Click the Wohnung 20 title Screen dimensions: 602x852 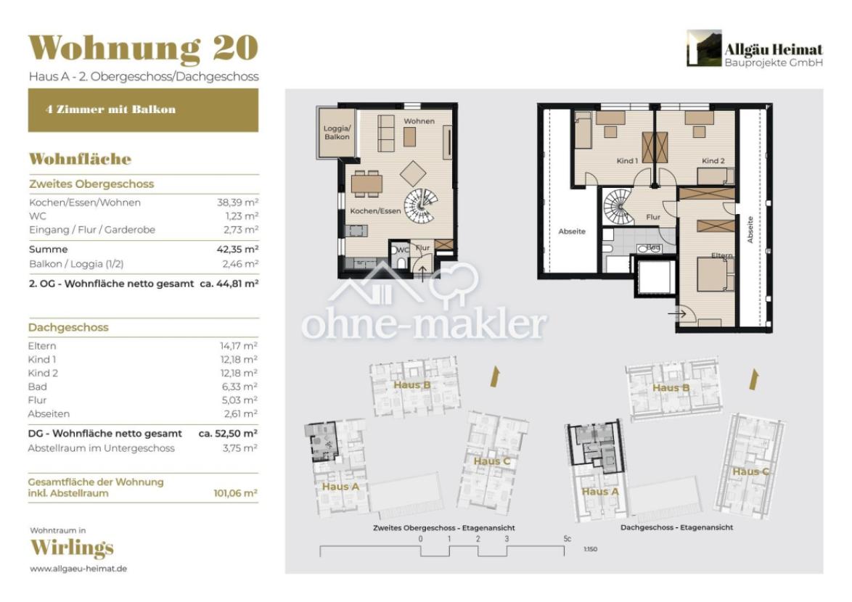tap(143, 48)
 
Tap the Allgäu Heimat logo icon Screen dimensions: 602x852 tap(704, 49)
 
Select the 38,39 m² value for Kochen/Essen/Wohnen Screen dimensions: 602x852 tap(239, 203)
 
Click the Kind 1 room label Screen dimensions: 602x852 tap(626, 161)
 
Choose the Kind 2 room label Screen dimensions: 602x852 tap(712, 161)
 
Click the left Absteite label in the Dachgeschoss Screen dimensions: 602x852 tap(571, 231)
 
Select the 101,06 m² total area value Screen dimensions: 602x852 tap(236, 493)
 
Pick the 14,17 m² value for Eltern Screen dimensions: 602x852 tap(239, 346)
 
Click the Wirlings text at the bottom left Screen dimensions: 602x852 tap(71, 548)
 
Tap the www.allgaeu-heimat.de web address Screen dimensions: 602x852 tap(78, 569)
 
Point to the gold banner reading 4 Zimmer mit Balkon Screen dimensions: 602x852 tap(143, 110)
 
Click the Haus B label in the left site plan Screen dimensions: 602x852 tap(411, 385)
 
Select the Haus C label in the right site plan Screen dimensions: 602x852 tap(750, 472)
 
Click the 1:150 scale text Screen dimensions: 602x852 tap(590, 550)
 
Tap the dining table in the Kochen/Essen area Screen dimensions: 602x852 tap(366, 183)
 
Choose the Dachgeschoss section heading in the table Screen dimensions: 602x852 tap(68, 327)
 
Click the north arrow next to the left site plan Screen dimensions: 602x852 tap(497, 376)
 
